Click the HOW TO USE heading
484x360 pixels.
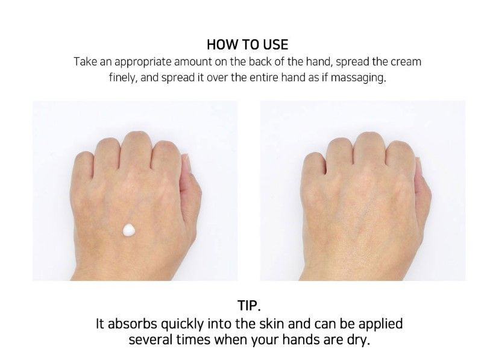pos(247,45)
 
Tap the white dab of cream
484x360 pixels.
pos(129,230)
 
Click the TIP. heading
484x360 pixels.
pos(249,305)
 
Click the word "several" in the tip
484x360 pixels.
pos(151,340)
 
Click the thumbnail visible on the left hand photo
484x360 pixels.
pos(187,163)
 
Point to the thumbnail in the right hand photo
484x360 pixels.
pos(419,166)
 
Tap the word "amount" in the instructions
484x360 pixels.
pos(193,62)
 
